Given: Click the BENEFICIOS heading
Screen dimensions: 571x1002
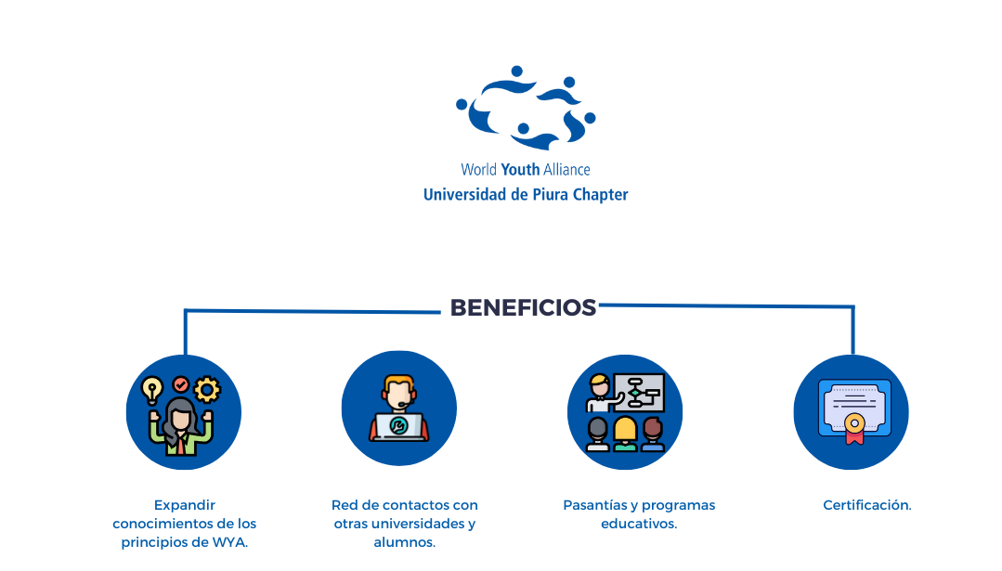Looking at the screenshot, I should click(523, 308).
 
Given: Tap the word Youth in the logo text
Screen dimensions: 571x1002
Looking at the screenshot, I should click(520, 170).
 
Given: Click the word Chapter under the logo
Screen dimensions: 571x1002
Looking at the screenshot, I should click(601, 195).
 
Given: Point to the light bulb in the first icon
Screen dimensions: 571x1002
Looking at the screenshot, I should click(151, 390).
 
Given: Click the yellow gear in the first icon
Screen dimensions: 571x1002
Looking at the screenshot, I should click(206, 388).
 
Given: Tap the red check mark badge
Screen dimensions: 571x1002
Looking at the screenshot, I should click(181, 383).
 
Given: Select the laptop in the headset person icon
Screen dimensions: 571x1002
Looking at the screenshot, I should click(399, 426).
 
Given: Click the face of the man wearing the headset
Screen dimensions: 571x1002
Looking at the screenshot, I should click(399, 393).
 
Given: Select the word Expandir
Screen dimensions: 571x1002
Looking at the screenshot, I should click(184, 505).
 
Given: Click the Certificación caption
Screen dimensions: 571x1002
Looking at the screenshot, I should click(867, 505).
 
